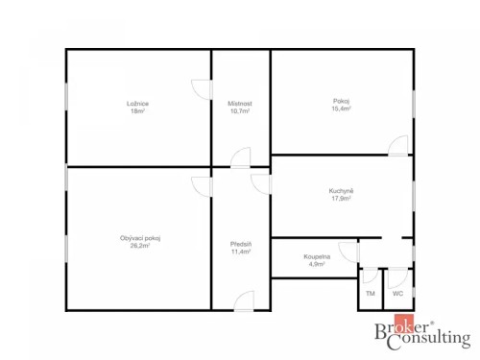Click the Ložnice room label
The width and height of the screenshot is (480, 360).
pyautogui.click(x=137, y=103)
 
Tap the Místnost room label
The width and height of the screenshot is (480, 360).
pyautogui.click(x=240, y=103)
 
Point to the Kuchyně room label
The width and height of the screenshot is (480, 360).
pyautogui.click(x=342, y=191)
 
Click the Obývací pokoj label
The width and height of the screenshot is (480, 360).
pyautogui.click(x=140, y=237)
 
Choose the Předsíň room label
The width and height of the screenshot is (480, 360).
pyautogui.click(x=241, y=244)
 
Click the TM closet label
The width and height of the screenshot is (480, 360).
pyautogui.click(x=371, y=293)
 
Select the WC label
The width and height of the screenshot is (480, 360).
pyautogui.click(x=397, y=293)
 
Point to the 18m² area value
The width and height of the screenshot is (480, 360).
pyautogui.click(x=137, y=111)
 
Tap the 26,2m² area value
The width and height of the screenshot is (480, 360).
pyautogui.click(x=140, y=246)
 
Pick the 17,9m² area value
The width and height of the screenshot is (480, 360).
pyautogui.click(x=342, y=200)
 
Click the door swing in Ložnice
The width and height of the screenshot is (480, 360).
pyautogui.click(x=201, y=88)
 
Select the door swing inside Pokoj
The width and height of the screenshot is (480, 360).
pyautogui.click(x=397, y=146)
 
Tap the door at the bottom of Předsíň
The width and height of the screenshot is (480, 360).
pyautogui.click(x=245, y=300)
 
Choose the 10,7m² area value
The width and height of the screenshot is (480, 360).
pyautogui.click(x=240, y=111)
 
